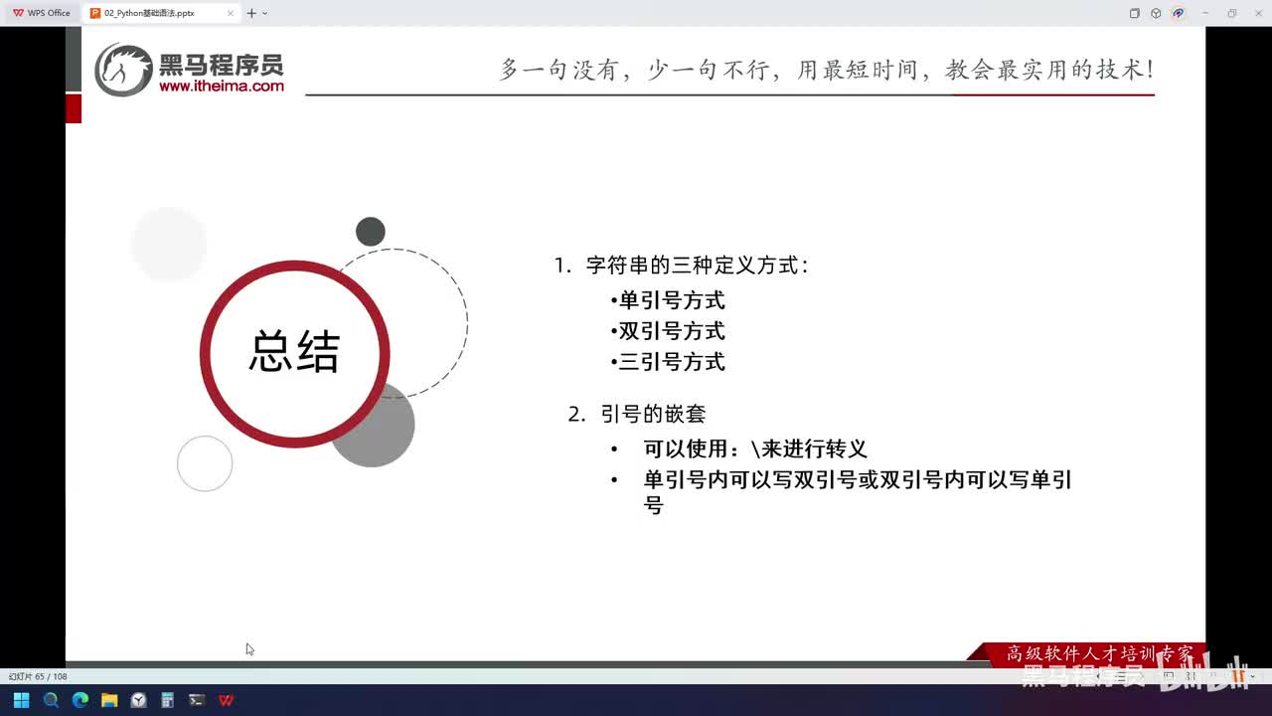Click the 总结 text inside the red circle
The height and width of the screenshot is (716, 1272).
coord(294,353)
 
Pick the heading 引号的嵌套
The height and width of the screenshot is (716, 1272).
coord(652,414)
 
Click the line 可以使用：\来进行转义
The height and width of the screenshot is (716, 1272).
coord(755,448)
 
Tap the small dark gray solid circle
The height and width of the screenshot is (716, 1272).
coord(371,232)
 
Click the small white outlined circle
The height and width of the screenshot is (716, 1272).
coord(205,463)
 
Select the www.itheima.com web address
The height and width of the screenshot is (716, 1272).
coord(222,87)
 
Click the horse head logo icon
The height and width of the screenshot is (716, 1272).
coord(123,70)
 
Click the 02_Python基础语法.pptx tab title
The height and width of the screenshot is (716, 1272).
coord(149,13)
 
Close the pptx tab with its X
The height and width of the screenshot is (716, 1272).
coord(231,13)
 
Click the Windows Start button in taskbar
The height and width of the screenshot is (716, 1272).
coord(21,700)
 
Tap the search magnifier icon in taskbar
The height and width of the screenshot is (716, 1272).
coord(51,700)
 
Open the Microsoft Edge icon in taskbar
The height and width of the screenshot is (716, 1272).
coord(80,700)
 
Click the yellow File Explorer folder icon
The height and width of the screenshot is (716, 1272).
coord(109,700)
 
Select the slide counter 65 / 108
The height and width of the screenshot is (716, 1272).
coord(39,676)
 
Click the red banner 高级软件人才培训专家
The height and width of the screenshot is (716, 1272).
coord(1098,653)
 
